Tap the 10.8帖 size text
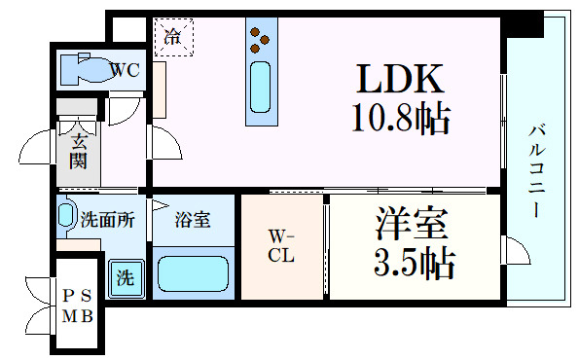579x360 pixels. click(x=400, y=120)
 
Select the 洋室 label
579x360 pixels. click(x=412, y=225)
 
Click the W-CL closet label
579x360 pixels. click(x=280, y=247)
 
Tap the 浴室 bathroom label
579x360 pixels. click(x=193, y=221)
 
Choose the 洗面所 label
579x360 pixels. click(x=108, y=220)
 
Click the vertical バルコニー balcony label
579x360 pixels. click(x=536, y=169)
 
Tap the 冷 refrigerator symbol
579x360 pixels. click(x=172, y=38)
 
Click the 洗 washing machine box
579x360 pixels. click(x=126, y=276)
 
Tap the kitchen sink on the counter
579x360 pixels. click(x=260, y=87)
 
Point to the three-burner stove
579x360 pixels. click(x=260, y=37)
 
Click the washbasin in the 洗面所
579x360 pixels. click(x=66, y=214)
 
